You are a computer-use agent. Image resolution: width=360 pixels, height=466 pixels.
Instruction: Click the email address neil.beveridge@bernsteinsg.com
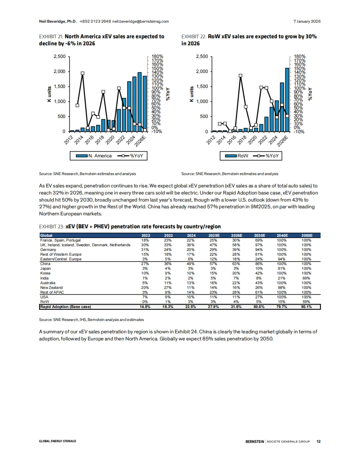coord(140,21)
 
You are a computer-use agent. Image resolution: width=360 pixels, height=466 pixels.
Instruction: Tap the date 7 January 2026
coord(307,21)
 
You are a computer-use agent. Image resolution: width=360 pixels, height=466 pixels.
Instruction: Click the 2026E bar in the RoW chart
coord(287,100)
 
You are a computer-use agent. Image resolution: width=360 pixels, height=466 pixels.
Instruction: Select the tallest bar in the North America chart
coord(139,102)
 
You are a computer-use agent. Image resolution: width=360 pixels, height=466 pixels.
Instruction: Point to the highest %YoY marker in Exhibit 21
coord(82,73)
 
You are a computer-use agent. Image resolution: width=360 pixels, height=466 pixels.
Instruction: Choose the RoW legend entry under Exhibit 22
coord(237,156)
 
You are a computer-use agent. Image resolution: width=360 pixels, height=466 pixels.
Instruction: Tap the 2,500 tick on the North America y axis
coord(60,57)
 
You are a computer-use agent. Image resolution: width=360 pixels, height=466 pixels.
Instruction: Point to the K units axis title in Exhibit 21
coord(49,94)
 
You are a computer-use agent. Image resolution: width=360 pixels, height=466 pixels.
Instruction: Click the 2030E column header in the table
coord(259,235)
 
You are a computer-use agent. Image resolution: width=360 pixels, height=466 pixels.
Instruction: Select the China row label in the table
coord(45,264)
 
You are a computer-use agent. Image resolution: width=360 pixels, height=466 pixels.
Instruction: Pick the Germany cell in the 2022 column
coord(145,250)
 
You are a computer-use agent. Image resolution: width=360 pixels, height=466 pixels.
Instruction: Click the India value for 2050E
coord(306,278)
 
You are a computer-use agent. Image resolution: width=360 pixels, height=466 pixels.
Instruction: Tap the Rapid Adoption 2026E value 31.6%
coord(236,307)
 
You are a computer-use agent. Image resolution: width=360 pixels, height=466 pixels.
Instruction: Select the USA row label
coord(44,297)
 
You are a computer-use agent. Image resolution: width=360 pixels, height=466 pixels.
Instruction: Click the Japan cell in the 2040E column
coord(282,268)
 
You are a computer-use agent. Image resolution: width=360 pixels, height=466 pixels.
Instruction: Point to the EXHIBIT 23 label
coord(51,227)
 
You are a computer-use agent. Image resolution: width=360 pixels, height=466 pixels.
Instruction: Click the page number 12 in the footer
coord(318,441)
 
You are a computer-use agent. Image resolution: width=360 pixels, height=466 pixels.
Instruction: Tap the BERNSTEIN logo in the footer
coord(255,441)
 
